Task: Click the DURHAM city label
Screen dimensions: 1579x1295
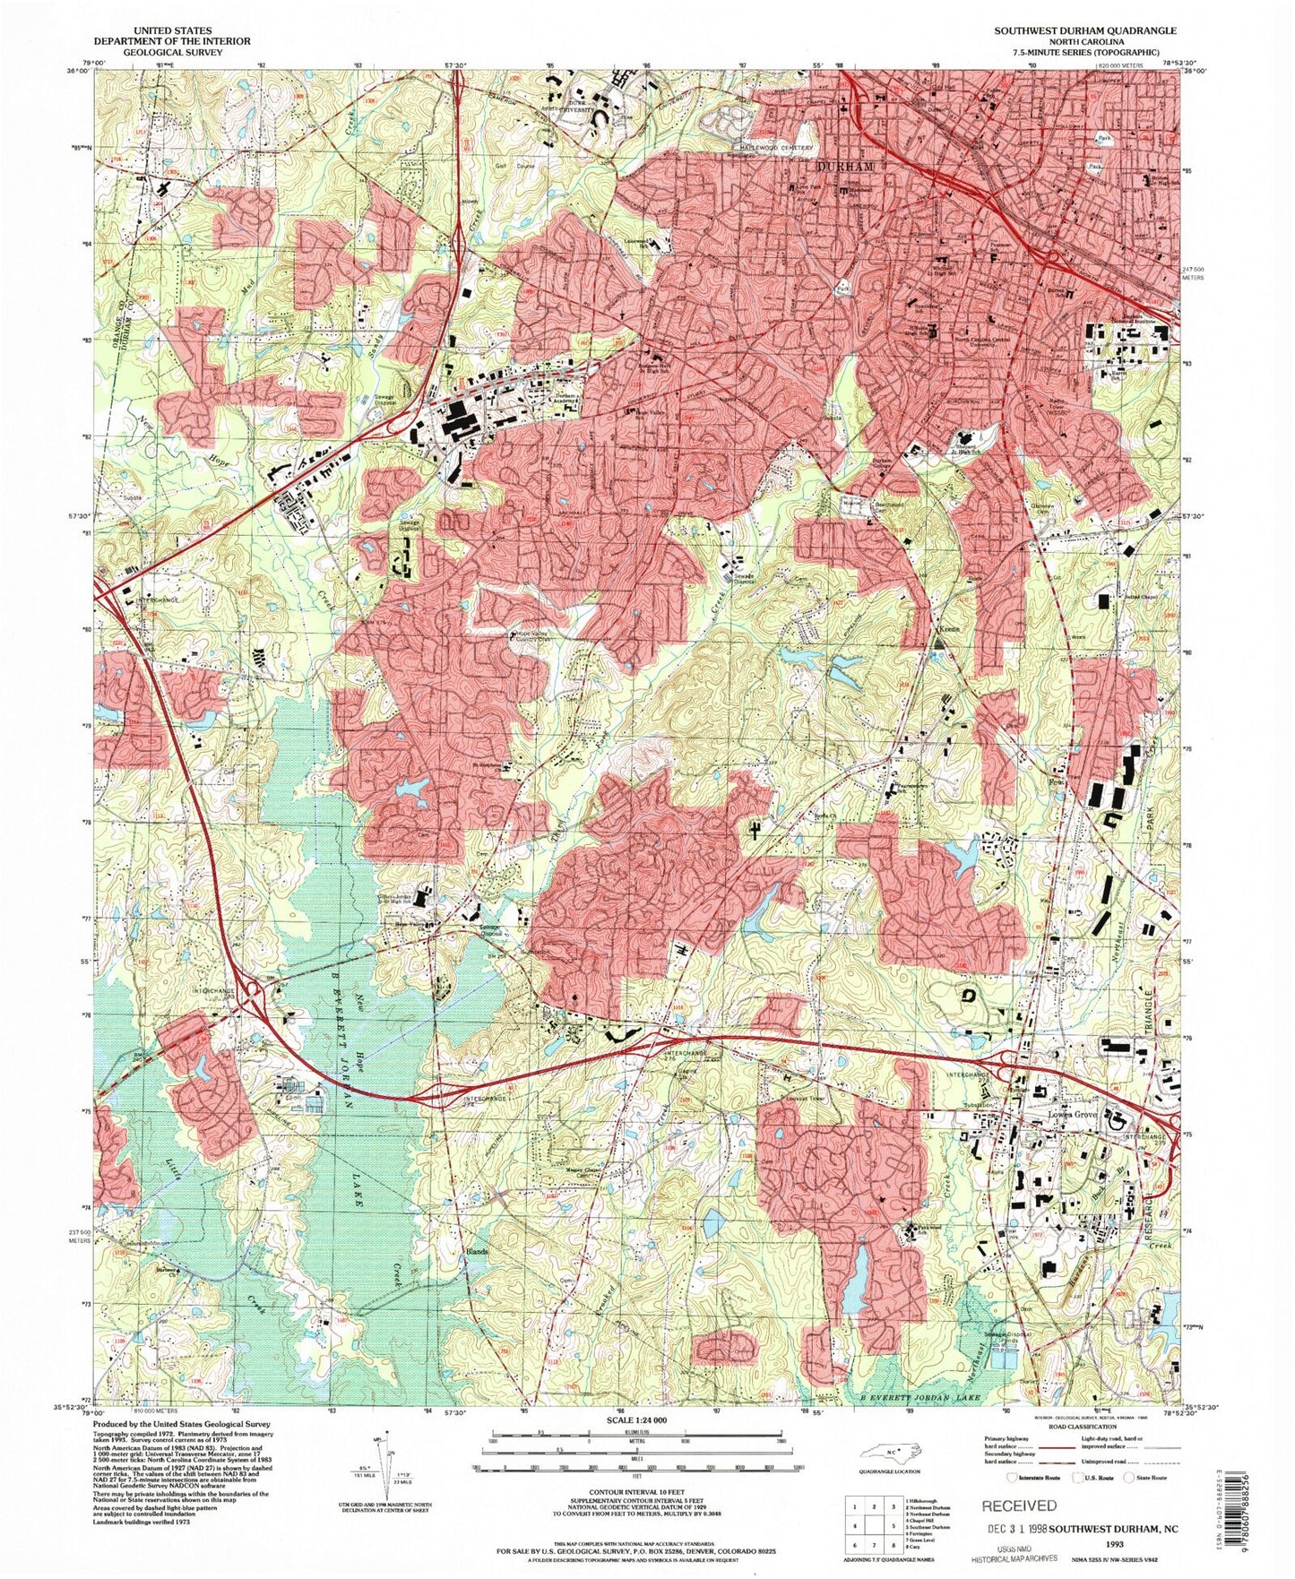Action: (844, 167)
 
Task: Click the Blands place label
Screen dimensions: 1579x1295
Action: (474, 1251)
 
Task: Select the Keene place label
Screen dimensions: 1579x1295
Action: (948, 629)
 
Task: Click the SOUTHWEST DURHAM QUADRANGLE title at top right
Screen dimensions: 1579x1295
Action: (1084, 30)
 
